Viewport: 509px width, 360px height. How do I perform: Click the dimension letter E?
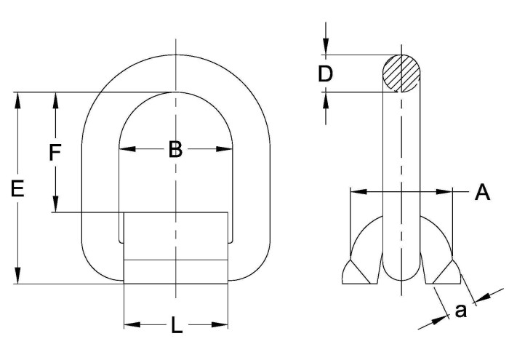pyautogui.click(x=17, y=189)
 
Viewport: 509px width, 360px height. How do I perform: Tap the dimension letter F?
pyautogui.click(x=55, y=153)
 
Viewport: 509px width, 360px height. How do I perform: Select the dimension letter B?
pyautogui.click(x=176, y=149)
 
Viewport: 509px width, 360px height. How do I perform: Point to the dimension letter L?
pyautogui.click(x=176, y=325)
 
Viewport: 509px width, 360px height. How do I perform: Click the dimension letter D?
pyautogui.click(x=325, y=74)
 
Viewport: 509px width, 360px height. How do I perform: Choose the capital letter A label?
pyautogui.click(x=482, y=192)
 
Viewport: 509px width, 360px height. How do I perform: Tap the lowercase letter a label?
pyautogui.click(x=460, y=311)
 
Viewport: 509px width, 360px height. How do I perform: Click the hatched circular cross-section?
pyautogui.click(x=401, y=73)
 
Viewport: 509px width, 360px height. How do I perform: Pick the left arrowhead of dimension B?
pyautogui.click(x=127, y=149)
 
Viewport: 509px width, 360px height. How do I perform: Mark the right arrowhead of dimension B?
pyautogui.click(x=224, y=149)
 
